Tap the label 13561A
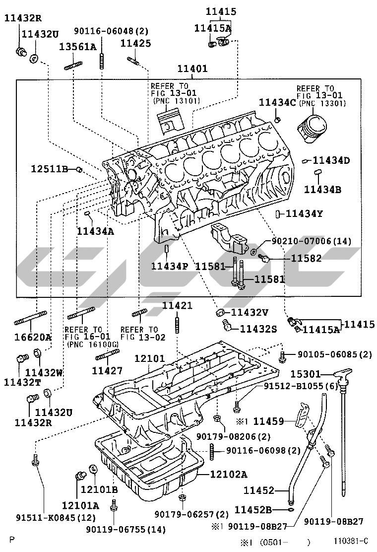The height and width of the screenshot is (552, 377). (x=78, y=47)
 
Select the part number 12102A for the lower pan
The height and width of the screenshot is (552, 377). (x=228, y=474)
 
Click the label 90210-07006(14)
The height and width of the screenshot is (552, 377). (x=311, y=241)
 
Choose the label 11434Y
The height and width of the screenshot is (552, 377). (x=305, y=213)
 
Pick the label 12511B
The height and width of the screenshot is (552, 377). (x=49, y=169)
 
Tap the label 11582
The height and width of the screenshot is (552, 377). (x=306, y=258)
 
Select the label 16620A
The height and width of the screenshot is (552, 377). (x=33, y=338)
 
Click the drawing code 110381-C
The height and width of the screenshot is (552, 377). (x=351, y=541)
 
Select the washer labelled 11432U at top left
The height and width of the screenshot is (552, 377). (x=34, y=59)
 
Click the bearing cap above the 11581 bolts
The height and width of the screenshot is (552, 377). (x=230, y=239)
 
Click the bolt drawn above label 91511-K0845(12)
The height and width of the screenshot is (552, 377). (x=35, y=461)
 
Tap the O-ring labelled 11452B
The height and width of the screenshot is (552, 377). (x=291, y=509)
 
